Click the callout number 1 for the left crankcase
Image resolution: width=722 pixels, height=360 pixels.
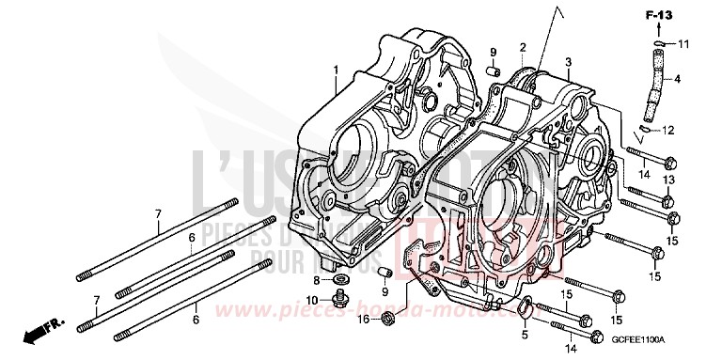pyautogui.click(x=334, y=70)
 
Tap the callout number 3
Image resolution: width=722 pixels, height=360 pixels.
pyautogui.click(x=567, y=62)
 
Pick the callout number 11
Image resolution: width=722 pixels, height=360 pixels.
pyautogui.click(x=683, y=44)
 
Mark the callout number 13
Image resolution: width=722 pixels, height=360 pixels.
pyautogui.click(x=668, y=180)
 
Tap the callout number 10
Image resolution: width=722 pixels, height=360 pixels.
pyautogui.click(x=311, y=300)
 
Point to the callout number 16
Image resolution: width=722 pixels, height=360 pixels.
pyautogui.click(x=362, y=321)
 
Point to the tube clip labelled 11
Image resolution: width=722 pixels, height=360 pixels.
pyautogui.click(x=660, y=43)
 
